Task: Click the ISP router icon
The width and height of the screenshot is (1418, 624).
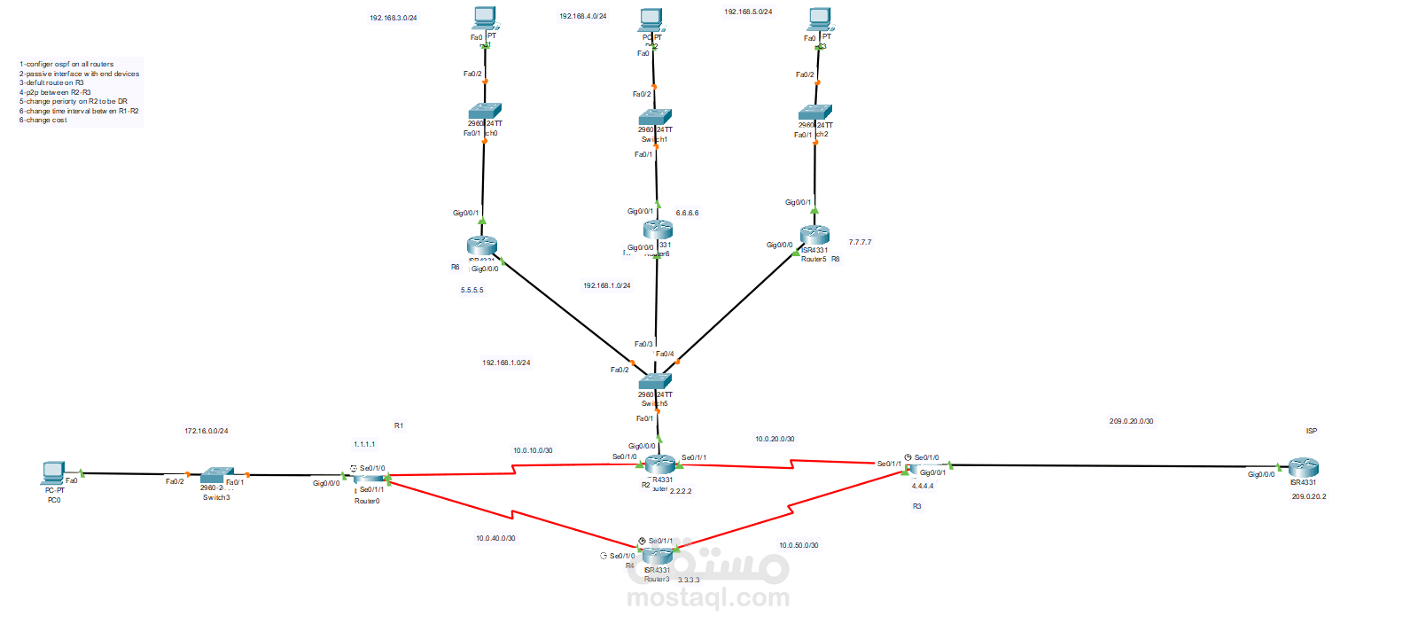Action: coord(1303,467)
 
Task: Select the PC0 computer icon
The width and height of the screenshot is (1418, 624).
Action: coord(53,472)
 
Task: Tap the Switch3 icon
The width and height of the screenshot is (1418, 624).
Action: coord(216,475)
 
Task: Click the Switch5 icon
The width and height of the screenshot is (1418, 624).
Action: coord(655,382)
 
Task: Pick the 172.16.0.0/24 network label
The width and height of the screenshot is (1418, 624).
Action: coord(206,432)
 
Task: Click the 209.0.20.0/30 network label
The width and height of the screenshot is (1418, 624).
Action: coord(1131,422)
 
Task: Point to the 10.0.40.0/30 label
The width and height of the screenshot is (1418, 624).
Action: coord(495,539)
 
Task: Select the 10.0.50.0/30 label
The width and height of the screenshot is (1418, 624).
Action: coord(799,546)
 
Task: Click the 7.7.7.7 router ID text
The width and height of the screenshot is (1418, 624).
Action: coord(860,243)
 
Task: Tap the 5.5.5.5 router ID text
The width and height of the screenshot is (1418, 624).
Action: coord(472,291)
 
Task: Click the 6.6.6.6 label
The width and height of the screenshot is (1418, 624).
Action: coord(687,214)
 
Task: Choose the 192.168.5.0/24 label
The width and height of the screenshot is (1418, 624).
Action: coord(748,12)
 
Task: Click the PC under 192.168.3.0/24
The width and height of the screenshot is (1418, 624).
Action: coord(485,18)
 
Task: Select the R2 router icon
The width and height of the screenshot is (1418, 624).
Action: coord(659,464)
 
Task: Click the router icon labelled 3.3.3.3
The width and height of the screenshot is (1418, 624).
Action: coord(657,557)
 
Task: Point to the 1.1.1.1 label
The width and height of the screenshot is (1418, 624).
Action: coord(364,445)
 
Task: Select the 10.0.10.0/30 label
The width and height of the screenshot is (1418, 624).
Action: coord(533,451)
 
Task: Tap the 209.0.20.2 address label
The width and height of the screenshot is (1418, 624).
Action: coord(1309,497)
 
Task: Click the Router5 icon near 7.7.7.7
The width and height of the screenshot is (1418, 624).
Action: coord(814,234)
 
